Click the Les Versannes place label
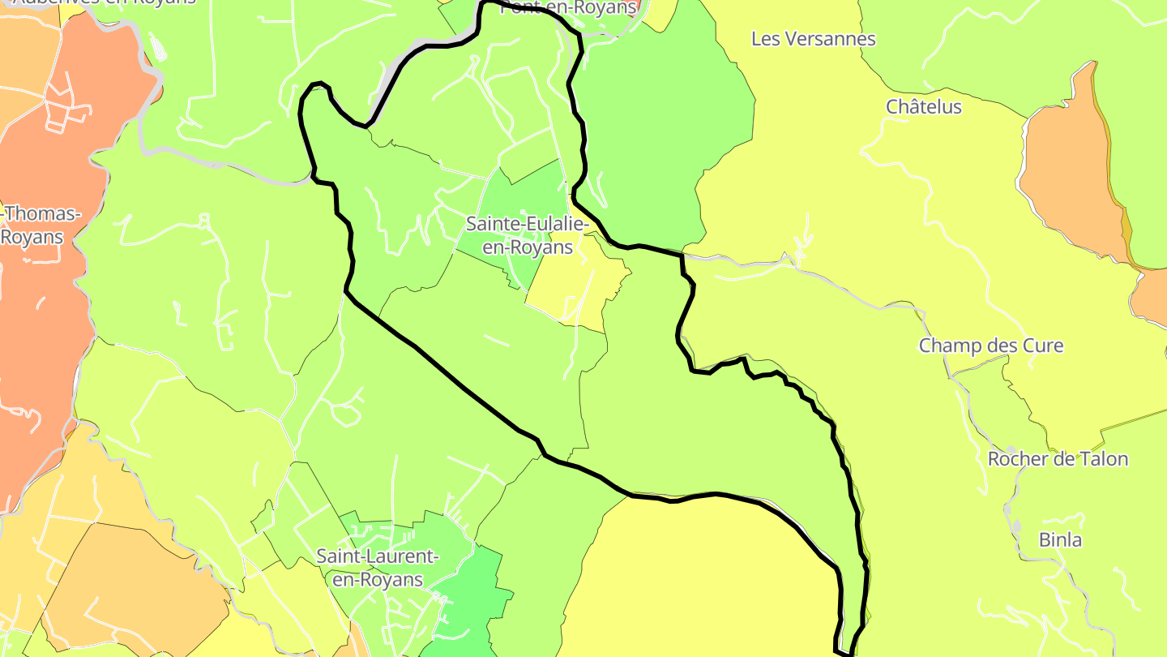point(814,39)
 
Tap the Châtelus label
point(923,107)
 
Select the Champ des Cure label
point(990,346)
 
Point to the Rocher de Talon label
point(1057,459)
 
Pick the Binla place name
point(1060,539)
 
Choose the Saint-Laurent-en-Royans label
point(377,568)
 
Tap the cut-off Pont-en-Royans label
point(567,8)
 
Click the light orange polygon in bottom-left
point(130,584)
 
